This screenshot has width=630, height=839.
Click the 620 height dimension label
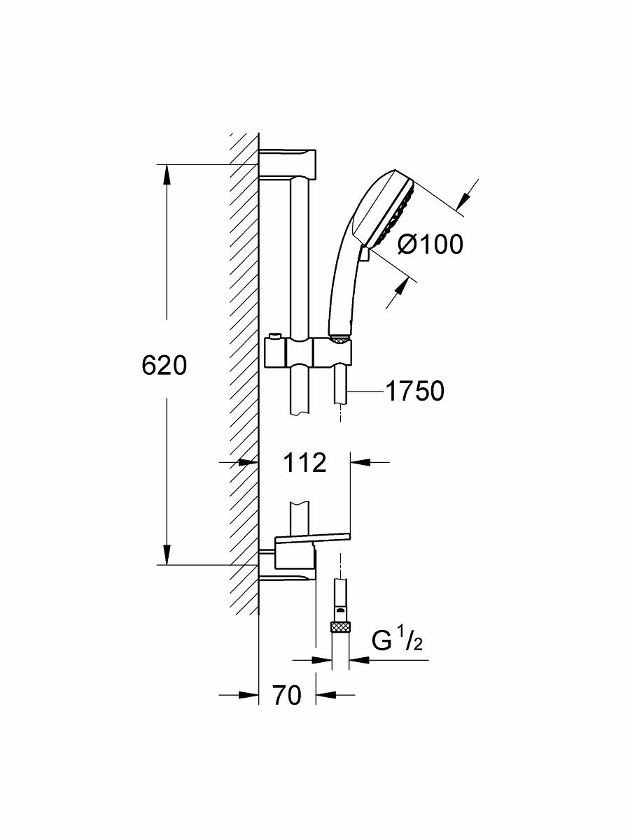pos(164,366)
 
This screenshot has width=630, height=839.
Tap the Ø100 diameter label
pos(430,244)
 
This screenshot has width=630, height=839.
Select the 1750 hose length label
pos(414,392)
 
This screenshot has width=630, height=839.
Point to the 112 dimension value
pos(305,462)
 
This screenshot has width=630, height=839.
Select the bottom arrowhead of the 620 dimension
pos(167,556)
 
